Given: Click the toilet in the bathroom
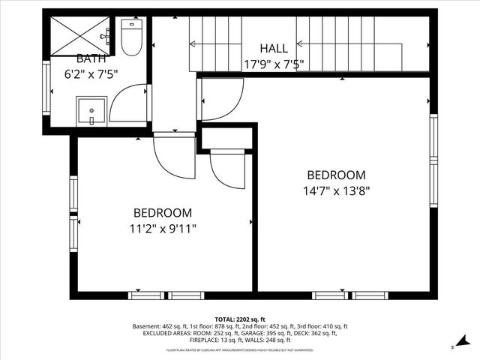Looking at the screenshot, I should tap(132, 38).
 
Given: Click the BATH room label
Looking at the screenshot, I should tap(91, 58).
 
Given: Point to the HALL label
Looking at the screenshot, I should tap(274, 49).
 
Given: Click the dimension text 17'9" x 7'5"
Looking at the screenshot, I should tap(273, 64).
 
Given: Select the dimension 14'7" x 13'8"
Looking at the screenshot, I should tap(337, 190).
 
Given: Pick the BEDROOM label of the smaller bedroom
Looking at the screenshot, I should tap(163, 213).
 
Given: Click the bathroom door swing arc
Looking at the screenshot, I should tap(129, 103).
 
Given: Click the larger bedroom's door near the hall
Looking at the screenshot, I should tap(220, 98).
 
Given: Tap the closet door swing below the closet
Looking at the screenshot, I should tap(227, 169).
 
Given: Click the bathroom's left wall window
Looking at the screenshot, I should tap(46, 88).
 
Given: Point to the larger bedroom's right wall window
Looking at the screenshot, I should tap(433, 160).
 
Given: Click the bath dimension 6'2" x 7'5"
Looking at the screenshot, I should tap(92, 74).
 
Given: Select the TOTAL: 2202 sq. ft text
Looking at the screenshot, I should tap(240, 319).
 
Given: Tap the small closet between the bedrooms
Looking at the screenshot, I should tap(227, 138).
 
